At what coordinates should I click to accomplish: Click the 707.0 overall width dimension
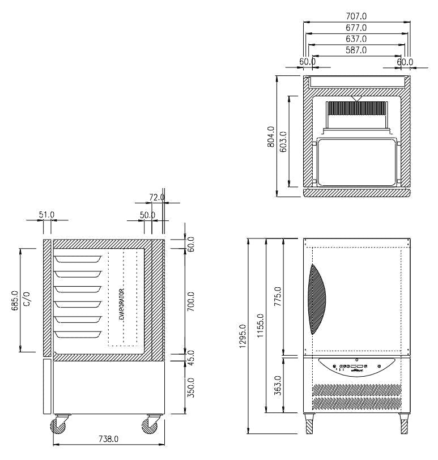(356, 16)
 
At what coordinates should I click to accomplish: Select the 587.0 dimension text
(356, 50)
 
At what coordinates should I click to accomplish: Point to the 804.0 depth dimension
(270, 136)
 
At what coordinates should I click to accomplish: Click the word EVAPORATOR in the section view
(122, 304)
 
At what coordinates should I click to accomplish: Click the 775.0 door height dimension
(278, 296)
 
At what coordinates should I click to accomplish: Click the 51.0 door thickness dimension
(46, 215)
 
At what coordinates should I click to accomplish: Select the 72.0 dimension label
(156, 197)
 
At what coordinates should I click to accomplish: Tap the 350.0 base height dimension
(191, 387)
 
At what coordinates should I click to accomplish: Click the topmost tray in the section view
(79, 259)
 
